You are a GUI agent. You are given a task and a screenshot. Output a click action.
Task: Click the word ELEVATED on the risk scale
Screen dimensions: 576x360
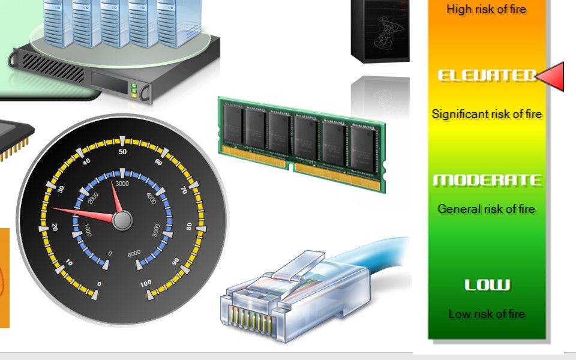[487, 76]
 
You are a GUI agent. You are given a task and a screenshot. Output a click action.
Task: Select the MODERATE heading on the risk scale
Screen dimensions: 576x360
[487, 180]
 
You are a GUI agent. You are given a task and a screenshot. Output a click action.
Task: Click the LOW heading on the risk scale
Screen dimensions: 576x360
[487, 284]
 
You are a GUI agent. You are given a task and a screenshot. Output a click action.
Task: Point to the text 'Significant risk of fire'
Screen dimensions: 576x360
[487, 114]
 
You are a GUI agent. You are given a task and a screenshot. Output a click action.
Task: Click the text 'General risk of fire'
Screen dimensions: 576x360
[487, 209]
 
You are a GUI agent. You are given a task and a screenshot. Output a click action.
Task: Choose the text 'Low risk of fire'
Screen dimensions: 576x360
[487, 314]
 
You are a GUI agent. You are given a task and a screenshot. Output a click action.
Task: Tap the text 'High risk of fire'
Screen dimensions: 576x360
[487, 9]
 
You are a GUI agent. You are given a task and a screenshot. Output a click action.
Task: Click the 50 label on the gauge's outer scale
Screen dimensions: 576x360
[122, 152]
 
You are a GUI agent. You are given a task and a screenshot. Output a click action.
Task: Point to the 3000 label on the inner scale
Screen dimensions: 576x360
[122, 184]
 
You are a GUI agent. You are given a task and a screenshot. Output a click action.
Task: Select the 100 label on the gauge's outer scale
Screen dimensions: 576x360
[145, 283]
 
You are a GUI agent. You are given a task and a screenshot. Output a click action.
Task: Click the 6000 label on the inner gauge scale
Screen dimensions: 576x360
[134, 253]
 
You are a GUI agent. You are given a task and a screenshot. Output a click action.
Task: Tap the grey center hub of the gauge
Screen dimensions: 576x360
[122, 220]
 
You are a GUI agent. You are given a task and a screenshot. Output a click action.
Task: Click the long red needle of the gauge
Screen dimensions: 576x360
[83, 215]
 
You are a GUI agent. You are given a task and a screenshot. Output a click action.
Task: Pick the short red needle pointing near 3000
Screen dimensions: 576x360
[116, 197]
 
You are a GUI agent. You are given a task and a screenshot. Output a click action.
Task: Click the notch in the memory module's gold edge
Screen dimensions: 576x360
[290, 167]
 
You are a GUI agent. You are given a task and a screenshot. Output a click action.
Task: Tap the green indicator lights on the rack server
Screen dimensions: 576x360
[134, 90]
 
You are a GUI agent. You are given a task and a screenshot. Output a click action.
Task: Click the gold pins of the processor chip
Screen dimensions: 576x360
[14, 150]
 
